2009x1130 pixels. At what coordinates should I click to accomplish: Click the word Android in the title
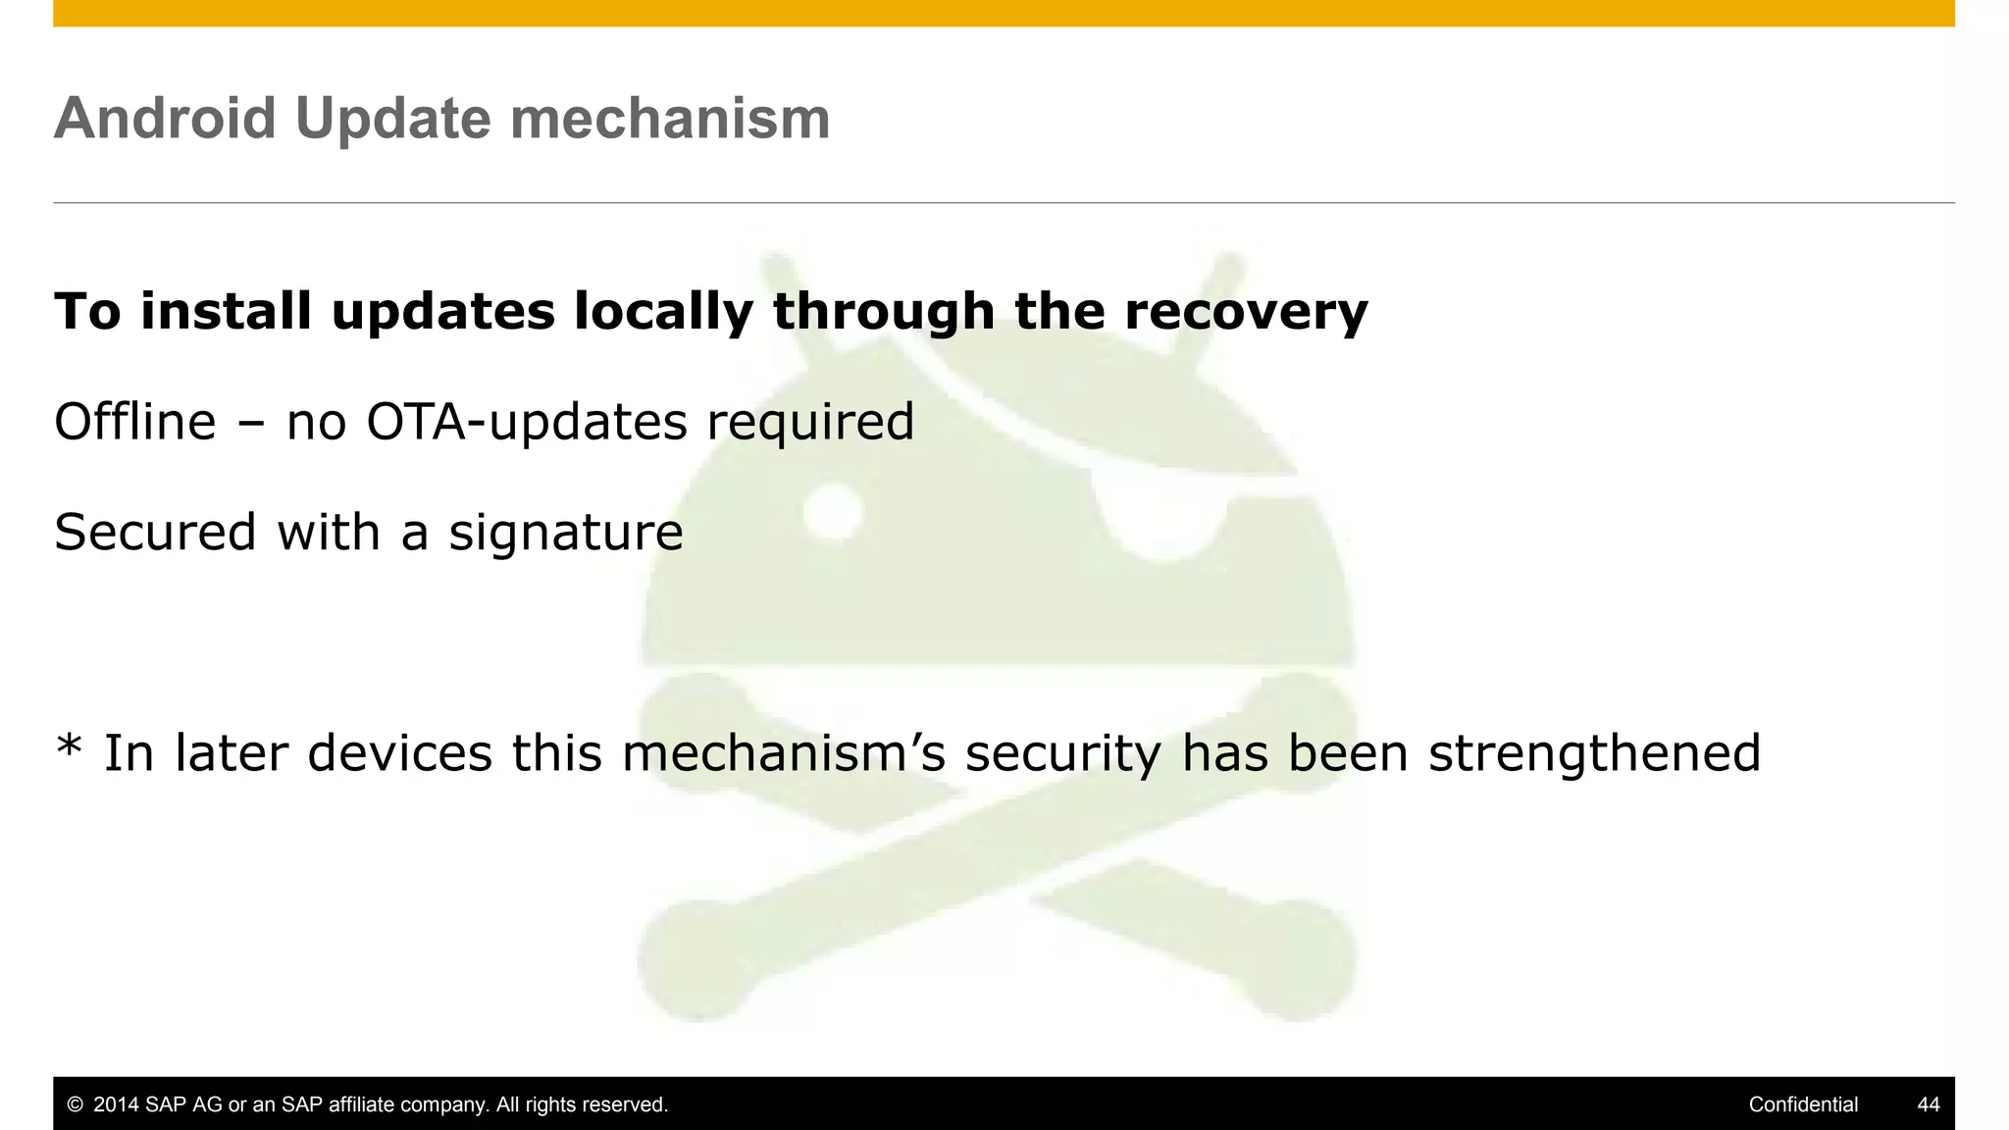click(x=165, y=119)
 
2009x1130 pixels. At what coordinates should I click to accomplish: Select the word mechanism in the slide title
click(x=670, y=119)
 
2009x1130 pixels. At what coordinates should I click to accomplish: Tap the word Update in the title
click(x=392, y=119)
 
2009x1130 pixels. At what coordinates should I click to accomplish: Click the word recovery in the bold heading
click(x=1245, y=312)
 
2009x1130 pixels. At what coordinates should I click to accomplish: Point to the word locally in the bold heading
click(x=663, y=312)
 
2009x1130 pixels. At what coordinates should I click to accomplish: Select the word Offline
click(x=134, y=422)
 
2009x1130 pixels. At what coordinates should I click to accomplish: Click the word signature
click(x=565, y=534)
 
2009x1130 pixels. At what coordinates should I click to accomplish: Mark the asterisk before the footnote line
click(x=69, y=747)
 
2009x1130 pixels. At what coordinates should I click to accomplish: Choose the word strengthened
click(x=1594, y=753)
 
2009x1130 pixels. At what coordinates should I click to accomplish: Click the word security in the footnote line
click(x=1063, y=753)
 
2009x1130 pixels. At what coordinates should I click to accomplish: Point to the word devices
click(x=399, y=753)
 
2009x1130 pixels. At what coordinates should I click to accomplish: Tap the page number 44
click(x=1928, y=1104)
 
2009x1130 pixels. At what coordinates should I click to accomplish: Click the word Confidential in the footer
click(x=1803, y=1104)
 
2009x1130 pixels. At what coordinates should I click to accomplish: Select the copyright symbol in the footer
click(x=75, y=1104)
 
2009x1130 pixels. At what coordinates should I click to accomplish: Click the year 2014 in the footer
click(x=116, y=1104)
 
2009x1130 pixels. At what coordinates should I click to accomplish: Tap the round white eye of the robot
click(x=833, y=511)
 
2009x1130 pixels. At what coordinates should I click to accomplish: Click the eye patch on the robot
click(x=1162, y=510)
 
